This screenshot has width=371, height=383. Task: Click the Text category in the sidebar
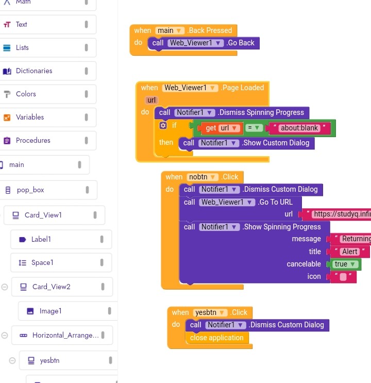(22, 24)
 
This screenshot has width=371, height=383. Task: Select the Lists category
(22, 47)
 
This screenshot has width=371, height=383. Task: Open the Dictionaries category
(33, 71)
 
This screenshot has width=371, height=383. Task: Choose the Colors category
(26, 94)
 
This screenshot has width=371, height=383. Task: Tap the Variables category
(29, 117)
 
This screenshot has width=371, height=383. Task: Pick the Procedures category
(32, 140)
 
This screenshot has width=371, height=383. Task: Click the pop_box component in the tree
(30, 190)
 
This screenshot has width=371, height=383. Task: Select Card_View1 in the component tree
(43, 215)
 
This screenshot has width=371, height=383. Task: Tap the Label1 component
(41, 239)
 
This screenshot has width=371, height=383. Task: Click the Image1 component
(50, 311)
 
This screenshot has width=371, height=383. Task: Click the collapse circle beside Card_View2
(5, 287)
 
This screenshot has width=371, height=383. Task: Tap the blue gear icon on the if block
(163, 125)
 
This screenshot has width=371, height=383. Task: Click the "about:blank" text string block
(299, 128)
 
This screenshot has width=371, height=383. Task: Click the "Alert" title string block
(350, 252)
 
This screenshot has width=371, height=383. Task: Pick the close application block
(216, 338)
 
